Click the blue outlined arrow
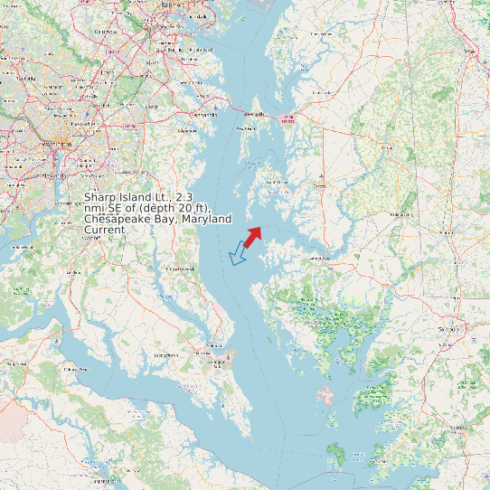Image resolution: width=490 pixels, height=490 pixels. tap(239, 254)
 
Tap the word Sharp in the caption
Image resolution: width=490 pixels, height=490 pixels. tap(99, 197)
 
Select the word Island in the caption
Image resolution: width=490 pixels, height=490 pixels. tap(141, 197)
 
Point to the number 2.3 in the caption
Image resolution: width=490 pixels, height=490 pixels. tap(184, 197)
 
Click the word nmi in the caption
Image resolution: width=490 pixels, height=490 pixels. tap(95, 209)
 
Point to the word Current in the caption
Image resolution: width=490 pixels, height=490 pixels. tap(104, 231)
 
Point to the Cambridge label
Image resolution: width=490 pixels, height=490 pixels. tap(318, 258)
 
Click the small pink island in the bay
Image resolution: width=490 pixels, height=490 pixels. tap(325, 394)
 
